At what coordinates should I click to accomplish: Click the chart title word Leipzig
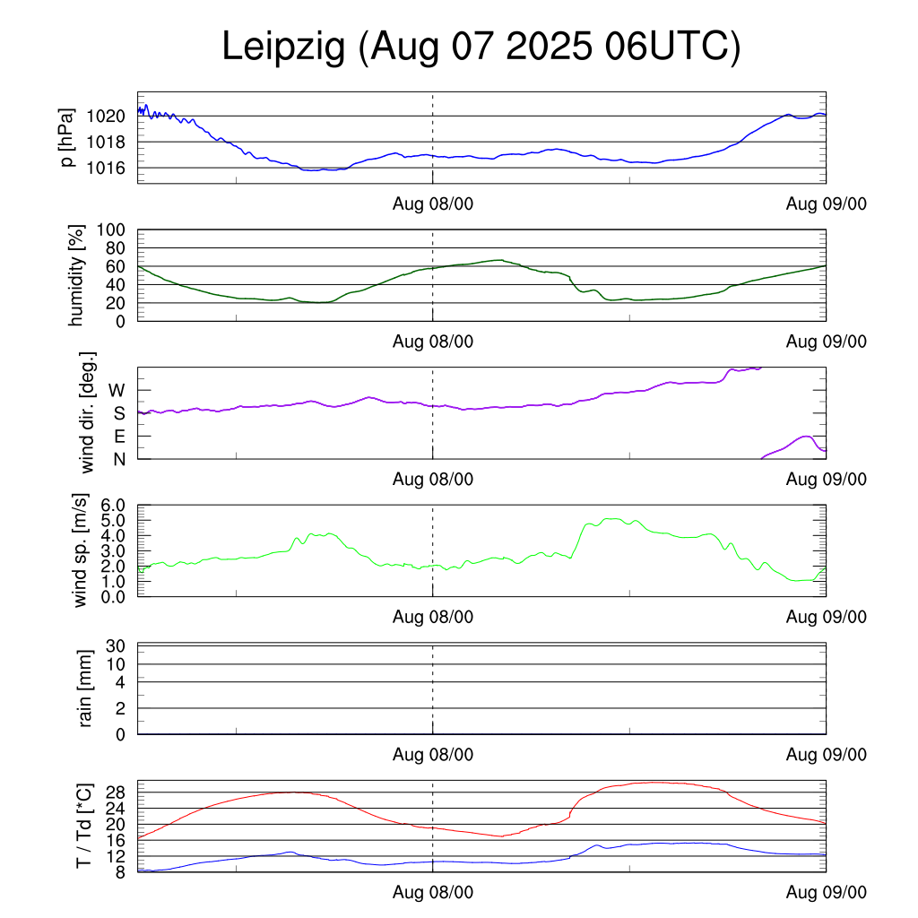point(283,48)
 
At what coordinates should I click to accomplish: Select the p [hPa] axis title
point(68,137)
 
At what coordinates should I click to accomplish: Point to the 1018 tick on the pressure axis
point(107,143)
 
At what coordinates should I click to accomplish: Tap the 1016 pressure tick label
point(107,169)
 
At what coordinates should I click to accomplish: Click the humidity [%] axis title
point(77,275)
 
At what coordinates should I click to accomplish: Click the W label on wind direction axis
point(117,391)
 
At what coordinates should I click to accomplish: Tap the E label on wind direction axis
point(118,437)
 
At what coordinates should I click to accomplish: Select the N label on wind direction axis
point(118,459)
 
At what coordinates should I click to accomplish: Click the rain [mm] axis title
point(86,688)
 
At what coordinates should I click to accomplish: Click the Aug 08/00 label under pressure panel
point(433,204)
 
